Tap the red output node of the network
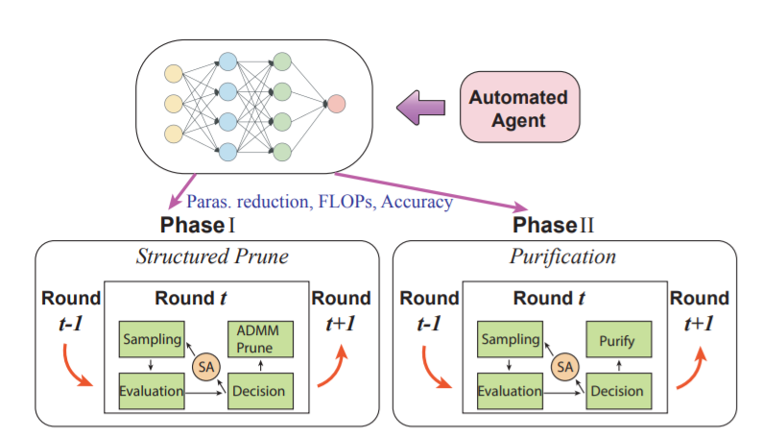click(x=336, y=103)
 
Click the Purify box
click(x=615, y=340)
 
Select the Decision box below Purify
click(x=615, y=392)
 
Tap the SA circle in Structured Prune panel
click(x=202, y=366)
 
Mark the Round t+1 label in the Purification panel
click(x=700, y=310)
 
